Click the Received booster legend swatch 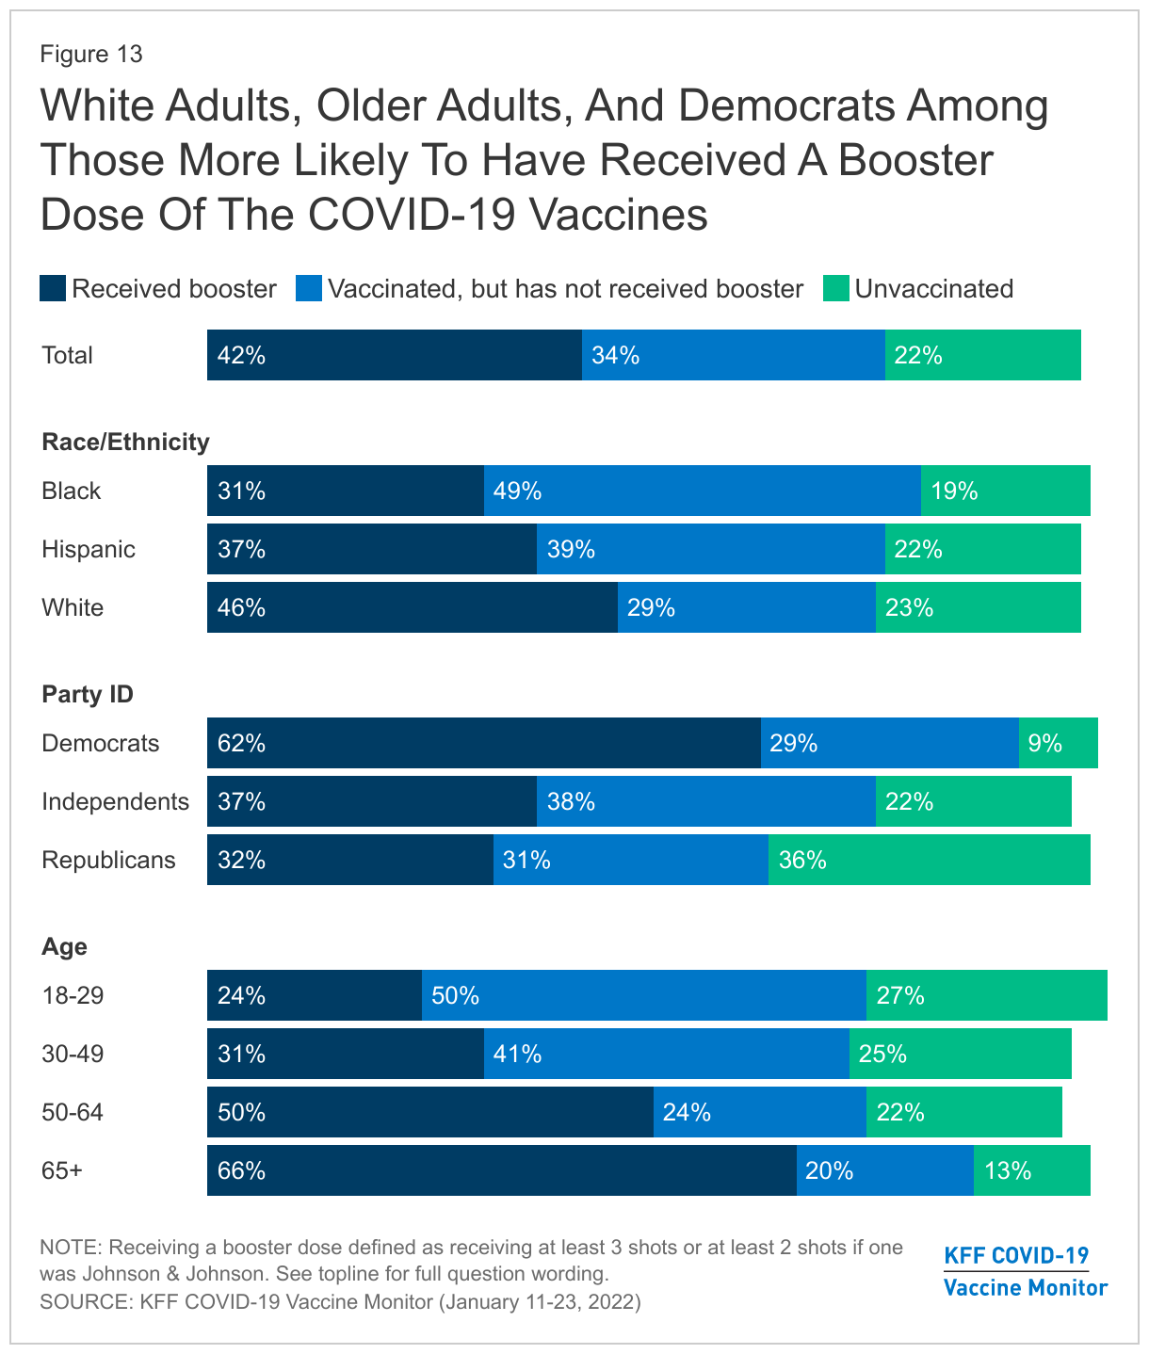tap(53, 288)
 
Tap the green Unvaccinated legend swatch tap(835, 288)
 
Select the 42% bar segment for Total tap(394, 355)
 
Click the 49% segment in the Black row tap(702, 491)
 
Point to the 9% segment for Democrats tap(1058, 743)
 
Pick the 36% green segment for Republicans tap(929, 860)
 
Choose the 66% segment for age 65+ tap(501, 1170)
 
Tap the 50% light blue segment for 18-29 tap(643, 995)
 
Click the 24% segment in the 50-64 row tap(759, 1112)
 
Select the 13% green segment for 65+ tap(1031, 1170)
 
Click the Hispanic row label tap(89, 549)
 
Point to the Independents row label tap(115, 801)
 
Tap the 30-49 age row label tap(73, 1054)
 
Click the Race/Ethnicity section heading tap(125, 442)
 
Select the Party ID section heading tap(88, 694)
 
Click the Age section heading tap(64, 946)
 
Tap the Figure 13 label tap(91, 54)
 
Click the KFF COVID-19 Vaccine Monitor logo tap(1025, 1270)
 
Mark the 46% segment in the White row tap(412, 607)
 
